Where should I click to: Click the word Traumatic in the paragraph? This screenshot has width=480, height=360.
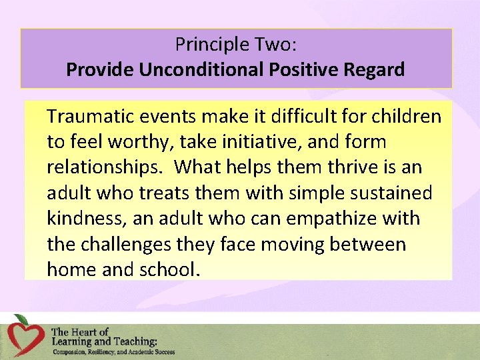pos(91,117)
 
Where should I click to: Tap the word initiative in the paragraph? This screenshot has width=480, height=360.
pos(262,142)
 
